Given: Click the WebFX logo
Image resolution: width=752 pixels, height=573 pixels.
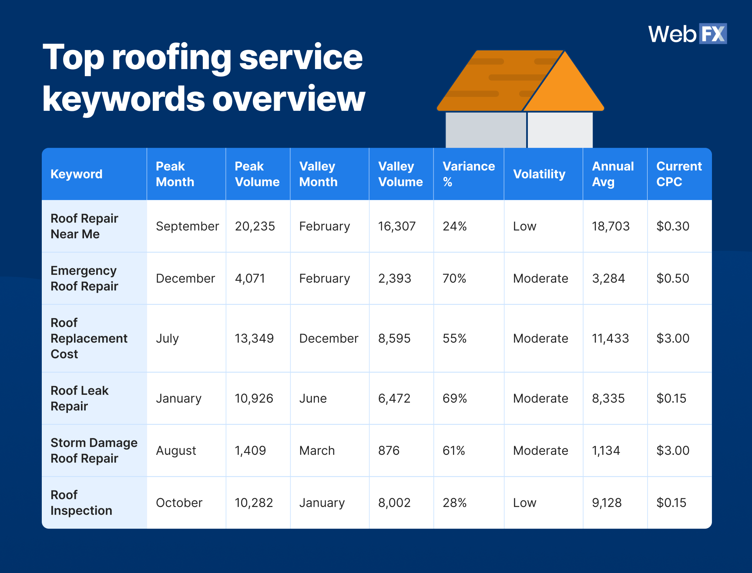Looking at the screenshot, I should [x=687, y=34].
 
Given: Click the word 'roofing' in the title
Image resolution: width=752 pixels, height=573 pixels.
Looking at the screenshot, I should [x=171, y=58].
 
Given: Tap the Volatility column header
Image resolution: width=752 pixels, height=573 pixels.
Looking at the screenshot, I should [x=539, y=174].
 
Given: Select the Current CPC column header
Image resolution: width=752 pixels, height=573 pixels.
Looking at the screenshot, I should [x=678, y=174].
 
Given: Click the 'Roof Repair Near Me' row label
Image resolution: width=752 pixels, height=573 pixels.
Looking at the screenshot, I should [x=84, y=226].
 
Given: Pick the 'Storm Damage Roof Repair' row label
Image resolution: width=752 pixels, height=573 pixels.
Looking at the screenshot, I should [x=94, y=450].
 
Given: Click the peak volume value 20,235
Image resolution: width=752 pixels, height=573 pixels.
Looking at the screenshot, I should [x=255, y=227].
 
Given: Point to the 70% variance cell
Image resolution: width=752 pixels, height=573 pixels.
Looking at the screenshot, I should [x=454, y=279].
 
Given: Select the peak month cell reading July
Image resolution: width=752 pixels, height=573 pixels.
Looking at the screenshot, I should [x=167, y=339].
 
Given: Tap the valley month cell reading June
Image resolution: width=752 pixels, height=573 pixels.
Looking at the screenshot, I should [x=312, y=399].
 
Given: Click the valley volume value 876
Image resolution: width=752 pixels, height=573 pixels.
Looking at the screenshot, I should [x=389, y=451].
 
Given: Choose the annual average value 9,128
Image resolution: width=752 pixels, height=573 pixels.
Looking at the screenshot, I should [x=606, y=503].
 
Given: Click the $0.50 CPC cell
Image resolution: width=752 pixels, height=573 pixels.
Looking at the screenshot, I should [x=672, y=279].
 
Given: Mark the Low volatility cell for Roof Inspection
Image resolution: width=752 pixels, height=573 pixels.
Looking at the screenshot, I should [x=524, y=503].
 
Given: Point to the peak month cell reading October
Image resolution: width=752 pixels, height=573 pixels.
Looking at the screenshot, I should [x=179, y=503].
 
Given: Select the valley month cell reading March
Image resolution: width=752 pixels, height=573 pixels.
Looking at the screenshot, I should [x=317, y=451].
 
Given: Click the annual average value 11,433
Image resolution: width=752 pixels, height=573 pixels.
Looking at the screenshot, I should [x=610, y=339].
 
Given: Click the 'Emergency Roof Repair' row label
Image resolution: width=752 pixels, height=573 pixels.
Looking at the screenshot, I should [x=84, y=278].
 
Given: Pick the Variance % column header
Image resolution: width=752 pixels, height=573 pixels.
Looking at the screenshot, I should [x=468, y=174].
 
